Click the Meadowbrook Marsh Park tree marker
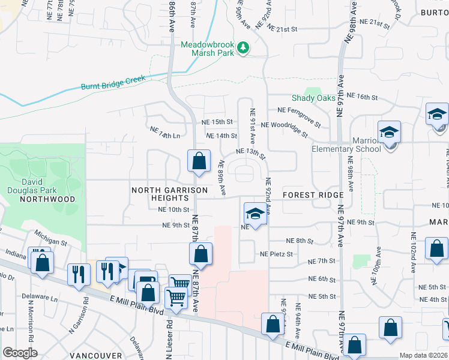point(243,47)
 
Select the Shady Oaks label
point(312,98)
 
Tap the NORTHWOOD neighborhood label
point(47,199)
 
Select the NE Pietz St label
point(276,254)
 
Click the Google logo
point(20,353)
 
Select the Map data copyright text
point(424,355)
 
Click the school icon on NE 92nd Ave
point(255,214)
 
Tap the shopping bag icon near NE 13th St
point(199,161)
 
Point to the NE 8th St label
point(300,241)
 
